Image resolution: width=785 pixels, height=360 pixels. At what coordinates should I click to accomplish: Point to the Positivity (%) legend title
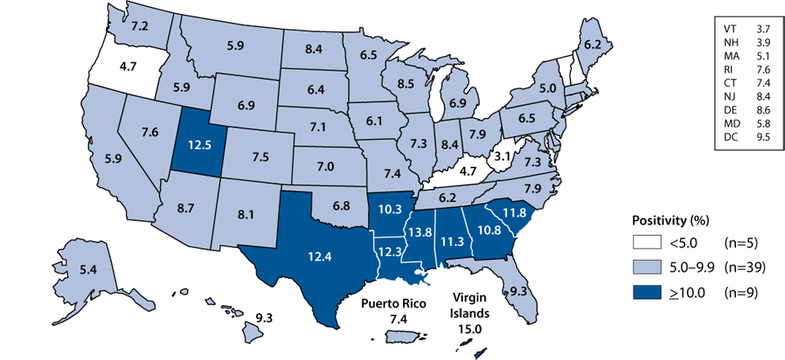tap(671, 219)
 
